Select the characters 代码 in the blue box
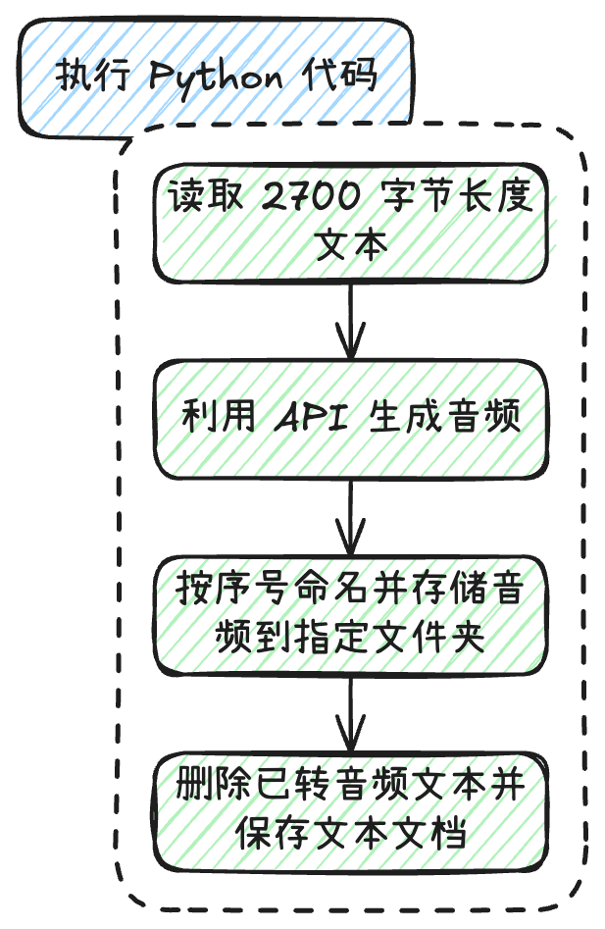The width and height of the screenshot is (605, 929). pyautogui.click(x=344, y=76)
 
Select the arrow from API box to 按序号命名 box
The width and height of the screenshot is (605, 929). pyautogui.click(x=350, y=520)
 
